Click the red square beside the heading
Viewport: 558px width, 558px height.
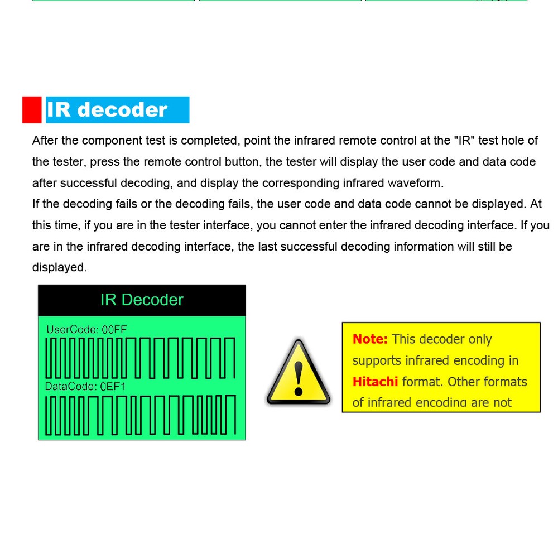(x=32, y=109)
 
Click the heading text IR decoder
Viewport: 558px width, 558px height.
(x=107, y=110)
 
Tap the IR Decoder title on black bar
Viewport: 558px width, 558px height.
(x=142, y=300)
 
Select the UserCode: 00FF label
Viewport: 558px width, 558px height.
(x=86, y=330)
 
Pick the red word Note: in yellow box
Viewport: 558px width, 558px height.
(x=370, y=339)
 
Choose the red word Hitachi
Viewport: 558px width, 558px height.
(x=375, y=382)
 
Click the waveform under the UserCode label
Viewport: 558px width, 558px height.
(x=141, y=358)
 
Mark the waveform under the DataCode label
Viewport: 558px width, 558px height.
(x=141, y=415)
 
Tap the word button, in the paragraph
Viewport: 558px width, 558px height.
(x=240, y=162)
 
